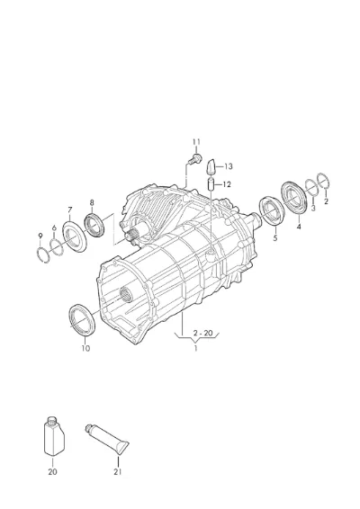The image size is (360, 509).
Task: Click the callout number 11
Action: pos(196,142)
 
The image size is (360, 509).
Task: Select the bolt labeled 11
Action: pos(195,159)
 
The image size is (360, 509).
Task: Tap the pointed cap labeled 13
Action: pos(211,167)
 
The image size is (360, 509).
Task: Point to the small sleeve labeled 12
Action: pos(211,184)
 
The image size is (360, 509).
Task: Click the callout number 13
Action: pos(229,166)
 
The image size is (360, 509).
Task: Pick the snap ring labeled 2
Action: pos(324,181)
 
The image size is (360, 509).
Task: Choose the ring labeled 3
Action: pos(311,187)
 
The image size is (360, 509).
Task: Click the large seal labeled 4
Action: pos(294,198)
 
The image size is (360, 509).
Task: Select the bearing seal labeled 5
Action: pos(272,210)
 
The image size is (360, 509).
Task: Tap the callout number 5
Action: pos(275,238)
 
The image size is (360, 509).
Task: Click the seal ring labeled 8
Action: pos(94,225)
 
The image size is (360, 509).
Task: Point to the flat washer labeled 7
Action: pos(75,237)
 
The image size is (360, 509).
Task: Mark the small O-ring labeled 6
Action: pos(57,247)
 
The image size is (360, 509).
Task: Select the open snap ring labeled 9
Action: pos(43,254)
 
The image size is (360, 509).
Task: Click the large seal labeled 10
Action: pos(82,320)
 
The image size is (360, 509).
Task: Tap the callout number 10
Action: pos(85,348)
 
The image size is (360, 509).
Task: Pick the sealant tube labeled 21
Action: pos(107,439)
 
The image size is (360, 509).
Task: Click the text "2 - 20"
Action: pos(202,333)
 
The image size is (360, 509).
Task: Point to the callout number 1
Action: pos(195,348)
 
